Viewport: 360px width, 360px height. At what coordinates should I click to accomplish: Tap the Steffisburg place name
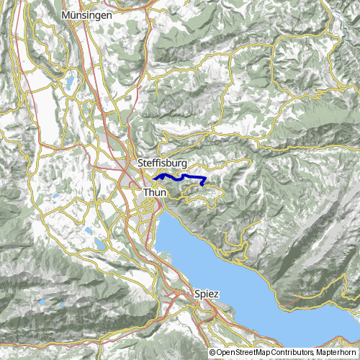coord(162,163)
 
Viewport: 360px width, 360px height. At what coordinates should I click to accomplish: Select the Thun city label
coord(155,193)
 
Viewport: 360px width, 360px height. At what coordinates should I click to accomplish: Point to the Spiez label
coord(207,294)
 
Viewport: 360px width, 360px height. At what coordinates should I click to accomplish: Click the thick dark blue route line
coord(180,176)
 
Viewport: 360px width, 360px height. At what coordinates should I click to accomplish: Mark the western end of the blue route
coord(154,177)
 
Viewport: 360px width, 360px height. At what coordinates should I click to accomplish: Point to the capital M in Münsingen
coord(67,14)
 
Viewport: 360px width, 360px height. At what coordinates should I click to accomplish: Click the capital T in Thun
coord(147,193)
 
